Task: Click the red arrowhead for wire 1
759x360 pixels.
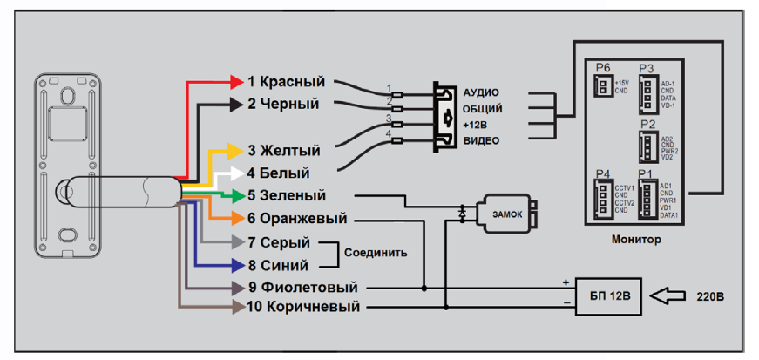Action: tap(235, 82)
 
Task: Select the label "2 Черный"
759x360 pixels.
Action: tap(283, 105)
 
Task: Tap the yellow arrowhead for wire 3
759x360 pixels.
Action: tap(235, 151)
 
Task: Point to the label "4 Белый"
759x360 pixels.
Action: tap(277, 173)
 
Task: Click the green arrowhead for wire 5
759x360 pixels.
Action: tap(235, 195)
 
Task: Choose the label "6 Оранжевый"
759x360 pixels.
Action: tap(297, 218)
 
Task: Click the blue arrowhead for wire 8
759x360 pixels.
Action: tap(235, 265)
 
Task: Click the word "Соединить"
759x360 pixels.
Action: tap(376, 253)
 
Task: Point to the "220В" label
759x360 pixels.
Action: tap(709, 297)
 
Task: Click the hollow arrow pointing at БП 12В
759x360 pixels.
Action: tap(670, 297)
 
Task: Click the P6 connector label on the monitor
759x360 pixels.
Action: tap(602, 67)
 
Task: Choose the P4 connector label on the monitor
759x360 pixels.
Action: tap(602, 173)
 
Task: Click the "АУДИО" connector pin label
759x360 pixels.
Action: tap(481, 92)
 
